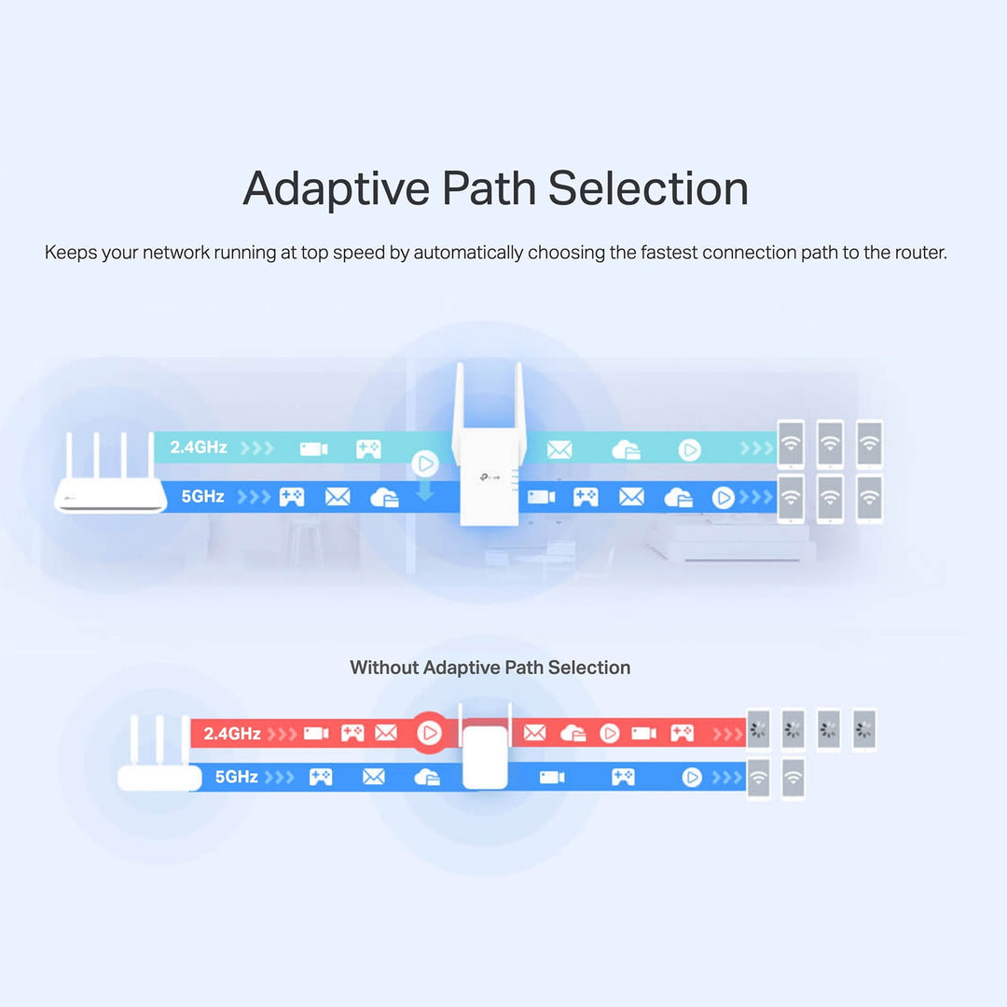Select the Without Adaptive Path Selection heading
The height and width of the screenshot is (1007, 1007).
click(490, 668)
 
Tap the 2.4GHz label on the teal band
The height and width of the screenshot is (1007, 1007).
click(199, 448)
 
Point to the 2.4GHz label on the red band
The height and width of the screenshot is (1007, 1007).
click(232, 734)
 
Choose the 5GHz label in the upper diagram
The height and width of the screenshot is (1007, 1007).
click(202, 496)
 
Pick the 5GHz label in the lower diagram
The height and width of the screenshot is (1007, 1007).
click(236, 776)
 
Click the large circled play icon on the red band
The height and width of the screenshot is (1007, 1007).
click(430, 733)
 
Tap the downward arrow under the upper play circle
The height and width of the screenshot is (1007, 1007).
click(425, 491)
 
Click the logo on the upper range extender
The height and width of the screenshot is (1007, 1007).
click(487, 477)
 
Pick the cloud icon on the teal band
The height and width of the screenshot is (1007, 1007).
click(626, 450)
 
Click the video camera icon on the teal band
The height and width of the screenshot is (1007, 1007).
click(313, 449)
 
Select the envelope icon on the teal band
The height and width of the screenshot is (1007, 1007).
click(559, 450)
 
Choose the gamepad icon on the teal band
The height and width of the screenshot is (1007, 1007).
click(368, 449)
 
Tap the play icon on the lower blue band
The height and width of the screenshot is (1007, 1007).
click(692, 777)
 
